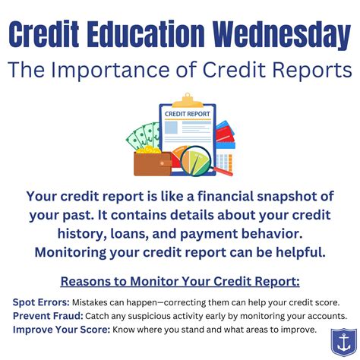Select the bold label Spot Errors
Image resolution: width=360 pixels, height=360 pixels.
[41, 302]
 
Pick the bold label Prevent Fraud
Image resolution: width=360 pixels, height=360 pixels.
[49, 315]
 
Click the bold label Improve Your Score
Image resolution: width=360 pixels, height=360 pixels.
[60, 329]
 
